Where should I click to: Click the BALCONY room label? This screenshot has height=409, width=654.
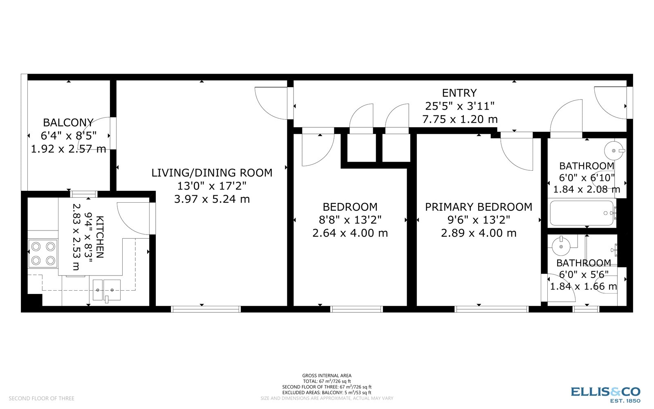(x=68, y=122)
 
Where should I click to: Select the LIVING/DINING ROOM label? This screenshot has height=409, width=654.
(x=212, y=173)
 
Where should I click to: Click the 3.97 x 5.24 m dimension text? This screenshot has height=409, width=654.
(x=212, y=199)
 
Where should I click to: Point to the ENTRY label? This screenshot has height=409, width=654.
(x=459, y=93)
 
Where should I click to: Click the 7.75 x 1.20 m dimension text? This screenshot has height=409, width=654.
(x=459, y=120)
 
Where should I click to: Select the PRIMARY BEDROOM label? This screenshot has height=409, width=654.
(x=479, y=207)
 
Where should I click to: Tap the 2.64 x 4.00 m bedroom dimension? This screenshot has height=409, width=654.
(x=350, y=233)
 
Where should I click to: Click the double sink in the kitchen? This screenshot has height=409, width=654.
(x=106, y=290)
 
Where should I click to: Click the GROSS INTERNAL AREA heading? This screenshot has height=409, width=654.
(x=327, y=375)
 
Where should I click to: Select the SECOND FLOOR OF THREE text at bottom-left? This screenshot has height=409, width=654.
(x=42, y=398)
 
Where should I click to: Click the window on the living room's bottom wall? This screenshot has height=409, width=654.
(x=206, y=309)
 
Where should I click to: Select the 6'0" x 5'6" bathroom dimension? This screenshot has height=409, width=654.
(x=583, y=274)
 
